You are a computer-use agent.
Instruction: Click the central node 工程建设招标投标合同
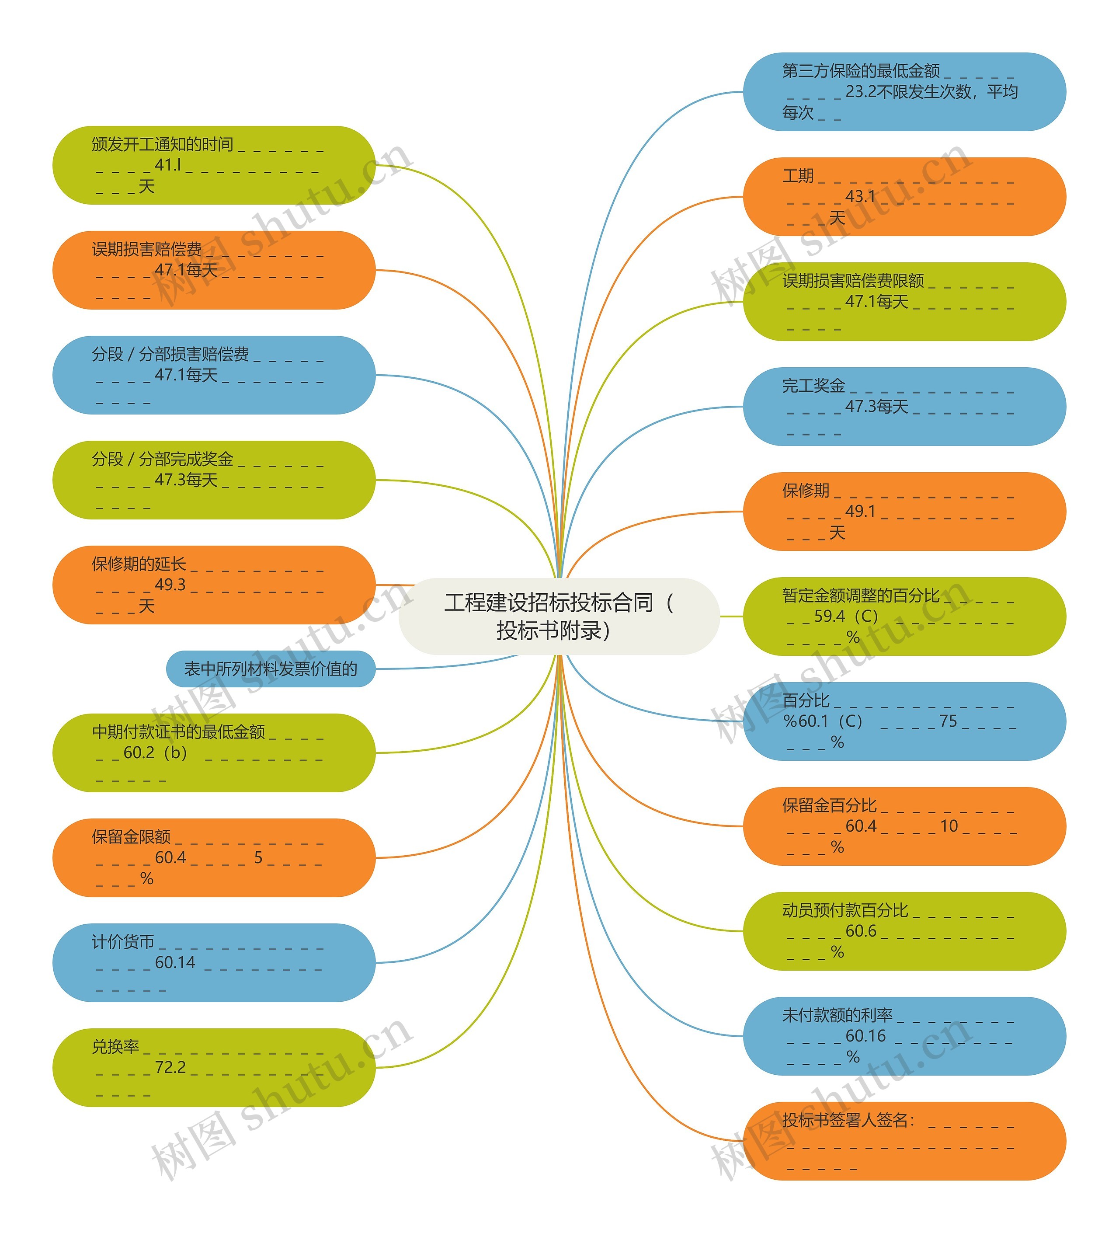pyautogui.click(x=559, y=616)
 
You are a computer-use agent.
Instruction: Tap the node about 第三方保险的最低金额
pyautogui.click(x=904, y=92)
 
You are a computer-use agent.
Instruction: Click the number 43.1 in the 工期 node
pyautogui.click(x=860, y=196)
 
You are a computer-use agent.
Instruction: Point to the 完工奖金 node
pyautogui.click(x=904, y=406)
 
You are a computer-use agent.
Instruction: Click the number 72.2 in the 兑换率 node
pyautogui.click(x=170, y=1067)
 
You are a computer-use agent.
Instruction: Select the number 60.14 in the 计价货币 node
pyautogui.click(x=175, y=962)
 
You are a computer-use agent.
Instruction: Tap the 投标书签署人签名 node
pyautogui.click(x=904, y=1141)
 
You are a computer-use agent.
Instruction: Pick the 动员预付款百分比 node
pyautogui.click(x=904, y=931)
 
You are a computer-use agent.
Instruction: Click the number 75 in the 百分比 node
pyautogui.click(x=948, y=721)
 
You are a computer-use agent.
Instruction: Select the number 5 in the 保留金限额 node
pyautogui.click(x=258, y=857)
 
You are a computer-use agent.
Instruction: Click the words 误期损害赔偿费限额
pyautogui.click(x=853, y=281)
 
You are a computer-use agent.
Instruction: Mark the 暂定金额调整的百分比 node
pyautogui.click(x=904, y=616)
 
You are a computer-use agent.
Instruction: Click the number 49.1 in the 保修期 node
pyautogui.click(x=860, y=511)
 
